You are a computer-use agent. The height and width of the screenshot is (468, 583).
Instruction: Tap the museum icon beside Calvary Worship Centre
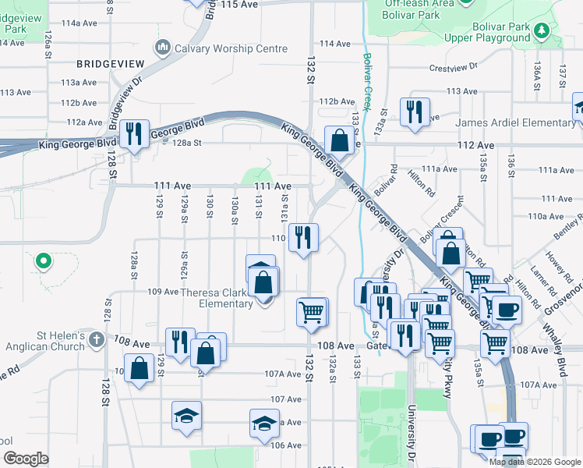coord(163,48)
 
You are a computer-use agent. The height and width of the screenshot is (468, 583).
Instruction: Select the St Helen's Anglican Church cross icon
coord(95,339)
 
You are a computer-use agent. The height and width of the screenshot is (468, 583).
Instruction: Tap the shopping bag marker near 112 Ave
coord(339,140)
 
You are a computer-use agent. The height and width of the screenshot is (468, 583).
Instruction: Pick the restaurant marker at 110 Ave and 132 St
coord(303,237)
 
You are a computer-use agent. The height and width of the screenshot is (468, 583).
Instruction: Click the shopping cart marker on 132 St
coord(311,312)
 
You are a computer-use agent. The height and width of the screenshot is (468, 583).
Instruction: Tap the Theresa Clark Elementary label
coord(216,298)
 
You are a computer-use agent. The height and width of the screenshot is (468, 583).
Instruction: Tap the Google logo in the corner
coord(25,458)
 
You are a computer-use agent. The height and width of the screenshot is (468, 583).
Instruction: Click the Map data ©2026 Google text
coord(535,462)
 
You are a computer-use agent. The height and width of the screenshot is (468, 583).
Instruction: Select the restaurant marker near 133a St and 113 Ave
coord(413,112)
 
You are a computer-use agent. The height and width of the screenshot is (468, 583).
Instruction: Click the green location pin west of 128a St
coord(44,260)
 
